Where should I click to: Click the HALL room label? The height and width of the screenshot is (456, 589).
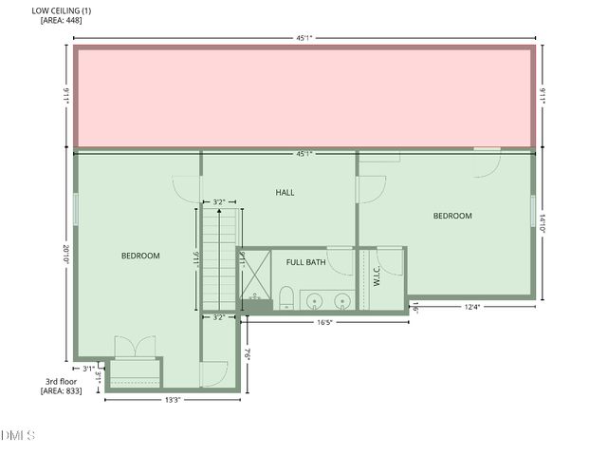(285, 192)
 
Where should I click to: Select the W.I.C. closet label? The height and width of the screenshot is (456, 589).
(377, 275)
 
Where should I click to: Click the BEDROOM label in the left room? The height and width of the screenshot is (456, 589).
(140, 256)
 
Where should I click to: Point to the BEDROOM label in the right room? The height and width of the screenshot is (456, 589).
(452, 216)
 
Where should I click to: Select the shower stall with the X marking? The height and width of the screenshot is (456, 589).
(254, 279)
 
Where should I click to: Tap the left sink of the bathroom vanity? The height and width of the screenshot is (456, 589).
(316, 301)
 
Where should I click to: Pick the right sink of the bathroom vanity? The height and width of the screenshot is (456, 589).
(343, 301)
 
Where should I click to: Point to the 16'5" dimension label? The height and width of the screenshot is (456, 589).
(324, 322)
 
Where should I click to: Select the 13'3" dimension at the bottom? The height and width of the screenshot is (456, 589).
(173, 400)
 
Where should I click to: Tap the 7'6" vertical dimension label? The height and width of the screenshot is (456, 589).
(246, 354)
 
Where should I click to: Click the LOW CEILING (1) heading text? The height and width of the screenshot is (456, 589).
(62, 10)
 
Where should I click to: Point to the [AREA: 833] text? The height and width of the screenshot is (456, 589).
(61, 390)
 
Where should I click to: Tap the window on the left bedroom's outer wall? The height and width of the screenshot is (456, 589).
(75, 208)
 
